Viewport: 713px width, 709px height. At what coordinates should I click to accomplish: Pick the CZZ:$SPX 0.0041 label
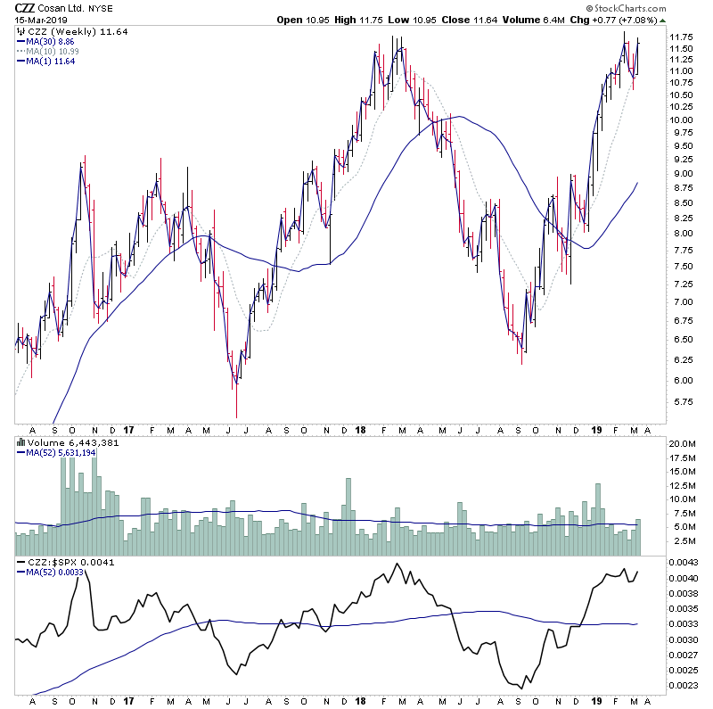(x=60, y=563)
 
